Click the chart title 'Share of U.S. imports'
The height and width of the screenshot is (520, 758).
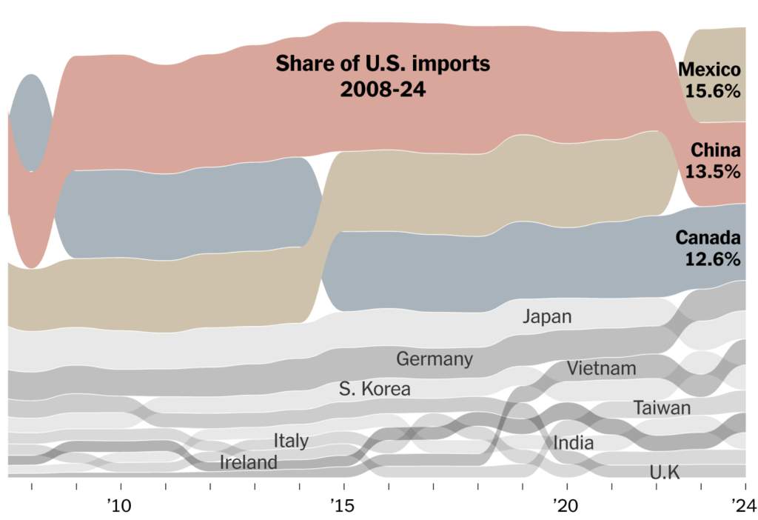(383, 64)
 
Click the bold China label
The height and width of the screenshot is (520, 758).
(715, 150)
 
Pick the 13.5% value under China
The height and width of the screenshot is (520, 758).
(713, 172)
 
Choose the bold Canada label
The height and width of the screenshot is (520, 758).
(708, 238)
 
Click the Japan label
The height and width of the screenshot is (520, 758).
(547, 317)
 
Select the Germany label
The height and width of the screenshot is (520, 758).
(435, 359)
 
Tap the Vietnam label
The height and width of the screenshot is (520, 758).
(602, 367)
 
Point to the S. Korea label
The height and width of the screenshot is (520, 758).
(375, 388)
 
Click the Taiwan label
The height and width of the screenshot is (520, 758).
(662, 407)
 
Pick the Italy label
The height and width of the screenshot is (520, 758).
(291, 441)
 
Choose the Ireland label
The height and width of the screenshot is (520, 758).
(249, 463)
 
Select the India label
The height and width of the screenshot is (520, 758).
(573, 444)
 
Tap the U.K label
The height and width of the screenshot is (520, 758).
(664, 472)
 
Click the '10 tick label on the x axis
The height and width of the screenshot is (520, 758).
(119, 505)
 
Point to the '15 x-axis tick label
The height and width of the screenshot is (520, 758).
(343, 505)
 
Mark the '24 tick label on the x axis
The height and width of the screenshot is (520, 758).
(742, 505)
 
